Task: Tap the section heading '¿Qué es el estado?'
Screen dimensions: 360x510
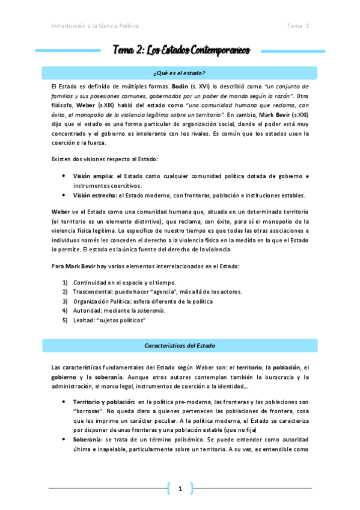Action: pyautogui.click(x=180, y=73)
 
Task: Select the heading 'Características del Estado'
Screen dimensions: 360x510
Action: pyautogui.click(x=180, y=346)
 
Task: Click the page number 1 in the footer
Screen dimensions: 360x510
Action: pyautogui.click(x=180, y=488)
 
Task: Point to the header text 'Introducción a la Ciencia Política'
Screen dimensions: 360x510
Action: pyautogui.click(x=95, y=26)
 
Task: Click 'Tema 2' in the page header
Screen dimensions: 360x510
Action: pyautogui.click(x=297, y=26)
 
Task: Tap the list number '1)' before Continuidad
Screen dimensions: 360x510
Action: pyautogui.click(x=65, y=282)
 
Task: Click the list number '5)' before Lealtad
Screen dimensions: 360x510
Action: pyautogui.click(x=65, y=320)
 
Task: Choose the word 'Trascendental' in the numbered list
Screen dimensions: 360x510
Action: pyautogui.click(x=93, y=292)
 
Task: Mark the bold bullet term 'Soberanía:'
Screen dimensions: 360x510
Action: pyautogui.click(x=90, y=440)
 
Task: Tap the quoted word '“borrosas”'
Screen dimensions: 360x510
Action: pyautogui.click(x=87, y=411)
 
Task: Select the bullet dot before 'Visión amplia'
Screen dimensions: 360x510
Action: pyautogui.click(x=64, y=176)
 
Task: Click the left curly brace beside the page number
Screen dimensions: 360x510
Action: pyautogui.click(x=169, y=488)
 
